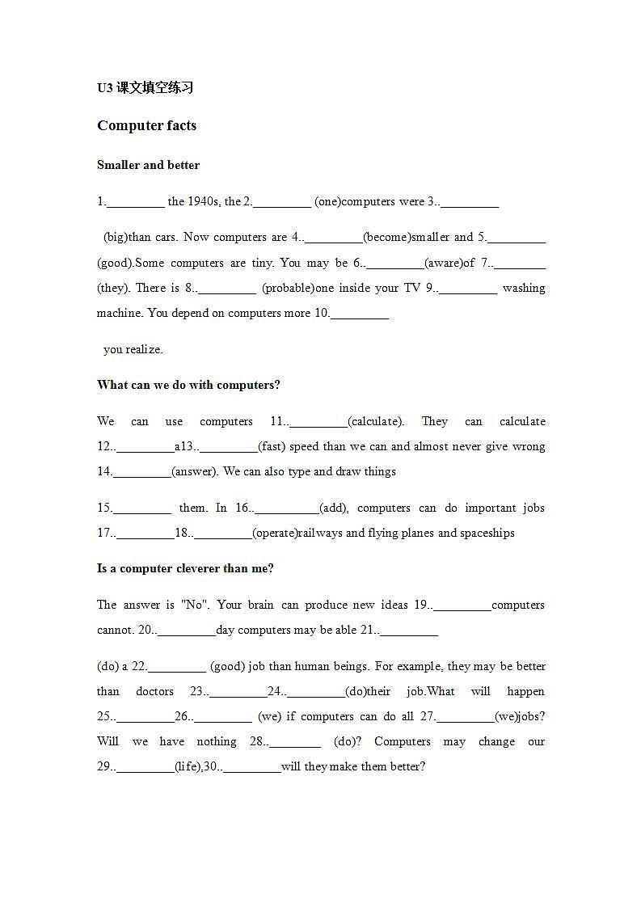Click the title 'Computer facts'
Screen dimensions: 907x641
[x=146, y=125]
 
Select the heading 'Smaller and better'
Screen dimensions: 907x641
[x=148, y=165]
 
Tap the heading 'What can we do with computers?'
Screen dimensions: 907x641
[x=188, y=385]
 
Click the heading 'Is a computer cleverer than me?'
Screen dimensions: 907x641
[x=185, y=568]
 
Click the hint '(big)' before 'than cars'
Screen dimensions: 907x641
[x=116, y=237]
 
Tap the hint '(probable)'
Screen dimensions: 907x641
[x=288, y=288]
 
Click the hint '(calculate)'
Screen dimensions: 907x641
[x=376, y=421]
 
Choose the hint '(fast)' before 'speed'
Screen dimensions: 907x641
[x=272, y=446]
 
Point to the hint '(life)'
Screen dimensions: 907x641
[x=188, y=766]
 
